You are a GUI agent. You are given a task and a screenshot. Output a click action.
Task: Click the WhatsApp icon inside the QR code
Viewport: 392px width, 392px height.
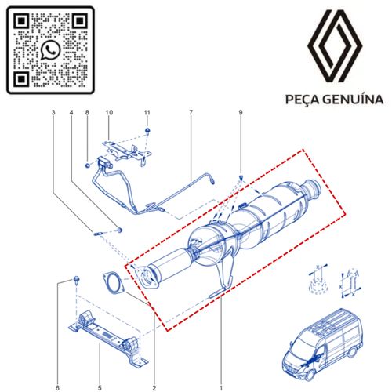(50, 50)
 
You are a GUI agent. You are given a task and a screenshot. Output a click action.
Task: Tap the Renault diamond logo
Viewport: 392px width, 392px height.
(335, 45)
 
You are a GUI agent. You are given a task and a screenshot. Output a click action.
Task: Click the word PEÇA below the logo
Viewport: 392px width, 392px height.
(302, 100)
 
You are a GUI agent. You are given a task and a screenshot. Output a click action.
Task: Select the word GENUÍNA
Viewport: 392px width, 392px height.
(353, 99)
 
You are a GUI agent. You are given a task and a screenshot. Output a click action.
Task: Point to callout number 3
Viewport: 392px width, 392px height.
(53, 112)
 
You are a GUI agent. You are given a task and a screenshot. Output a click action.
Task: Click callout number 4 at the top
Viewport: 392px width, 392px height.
(71, 112)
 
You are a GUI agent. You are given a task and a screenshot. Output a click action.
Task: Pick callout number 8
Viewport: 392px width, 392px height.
(87, 112)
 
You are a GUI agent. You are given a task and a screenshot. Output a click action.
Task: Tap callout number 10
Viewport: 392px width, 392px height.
(109, 112)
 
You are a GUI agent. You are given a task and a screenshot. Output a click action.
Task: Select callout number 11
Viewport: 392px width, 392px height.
(147, 112)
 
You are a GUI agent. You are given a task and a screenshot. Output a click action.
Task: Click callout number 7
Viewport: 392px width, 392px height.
(191, 112)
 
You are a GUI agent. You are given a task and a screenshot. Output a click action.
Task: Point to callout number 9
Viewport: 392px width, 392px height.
(241, 112)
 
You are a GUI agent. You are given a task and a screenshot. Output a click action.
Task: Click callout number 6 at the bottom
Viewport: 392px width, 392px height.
(57, 388)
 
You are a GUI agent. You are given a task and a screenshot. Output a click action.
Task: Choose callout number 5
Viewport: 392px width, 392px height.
(100, 388)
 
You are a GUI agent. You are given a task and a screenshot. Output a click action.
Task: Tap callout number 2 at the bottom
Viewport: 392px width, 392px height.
(154, 388)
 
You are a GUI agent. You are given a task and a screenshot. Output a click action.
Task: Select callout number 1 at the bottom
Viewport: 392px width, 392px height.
(221, 388)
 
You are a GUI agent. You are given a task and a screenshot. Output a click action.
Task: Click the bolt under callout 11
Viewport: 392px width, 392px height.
(147, 131)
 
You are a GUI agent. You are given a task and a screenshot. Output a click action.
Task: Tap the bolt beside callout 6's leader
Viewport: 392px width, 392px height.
(77, 279)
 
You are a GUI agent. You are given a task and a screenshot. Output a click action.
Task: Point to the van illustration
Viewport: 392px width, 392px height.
(323, 344)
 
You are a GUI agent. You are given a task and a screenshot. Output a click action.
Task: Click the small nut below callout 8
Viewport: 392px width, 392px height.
(88, 165)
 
